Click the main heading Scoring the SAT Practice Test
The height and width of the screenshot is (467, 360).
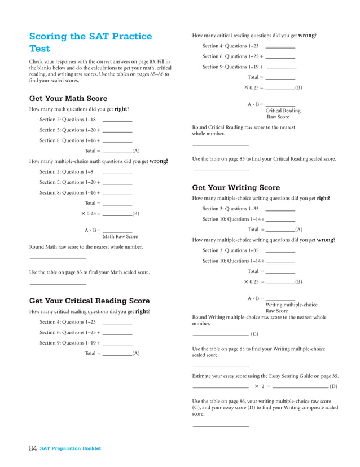pos(90,42)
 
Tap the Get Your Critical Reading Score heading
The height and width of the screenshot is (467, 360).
pos(89,301)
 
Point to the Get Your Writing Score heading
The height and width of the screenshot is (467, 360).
pos(236,187)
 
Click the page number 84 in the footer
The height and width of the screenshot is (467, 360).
pos(33,448)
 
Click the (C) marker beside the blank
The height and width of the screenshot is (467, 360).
pos(254,334)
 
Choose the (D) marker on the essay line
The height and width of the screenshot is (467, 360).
pos(333,387)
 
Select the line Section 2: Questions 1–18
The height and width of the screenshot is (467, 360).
pos(67,120)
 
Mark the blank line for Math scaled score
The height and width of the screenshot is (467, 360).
pos(58,283)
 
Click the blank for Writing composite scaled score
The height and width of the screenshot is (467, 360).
pos(221,426)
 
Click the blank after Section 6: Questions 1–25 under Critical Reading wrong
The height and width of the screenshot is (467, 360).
pos(280,58)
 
